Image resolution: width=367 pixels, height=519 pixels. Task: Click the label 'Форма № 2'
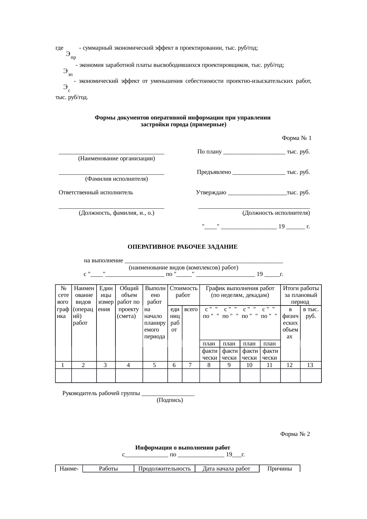(x=295, y=434)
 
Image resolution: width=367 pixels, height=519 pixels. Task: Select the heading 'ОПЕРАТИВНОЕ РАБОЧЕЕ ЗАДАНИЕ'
(x=182, y=247)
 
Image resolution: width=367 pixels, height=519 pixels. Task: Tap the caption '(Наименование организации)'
(x=116, y=159)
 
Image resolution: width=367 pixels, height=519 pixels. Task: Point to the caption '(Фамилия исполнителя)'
(x=116, y=179)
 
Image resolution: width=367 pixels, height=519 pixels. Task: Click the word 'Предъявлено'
(x=214, y=172)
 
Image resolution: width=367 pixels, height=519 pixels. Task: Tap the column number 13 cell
(x=310, y=365)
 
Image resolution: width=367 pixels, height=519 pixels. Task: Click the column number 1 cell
(x=63, y=365)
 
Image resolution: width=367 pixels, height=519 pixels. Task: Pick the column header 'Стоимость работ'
(x=183, y=292)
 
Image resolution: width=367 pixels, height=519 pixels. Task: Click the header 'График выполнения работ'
(x=240, y=288)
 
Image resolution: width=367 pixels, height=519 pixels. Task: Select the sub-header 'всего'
(x=191, y=310)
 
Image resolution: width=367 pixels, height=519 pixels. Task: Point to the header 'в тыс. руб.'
(x=310, y=313)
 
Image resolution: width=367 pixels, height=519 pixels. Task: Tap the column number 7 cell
(x=191, y=365)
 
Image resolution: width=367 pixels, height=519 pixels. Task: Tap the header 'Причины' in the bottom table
(x=279, y=469)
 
